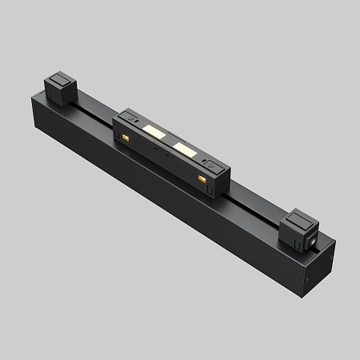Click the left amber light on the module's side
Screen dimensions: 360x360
[x=126, y=139]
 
